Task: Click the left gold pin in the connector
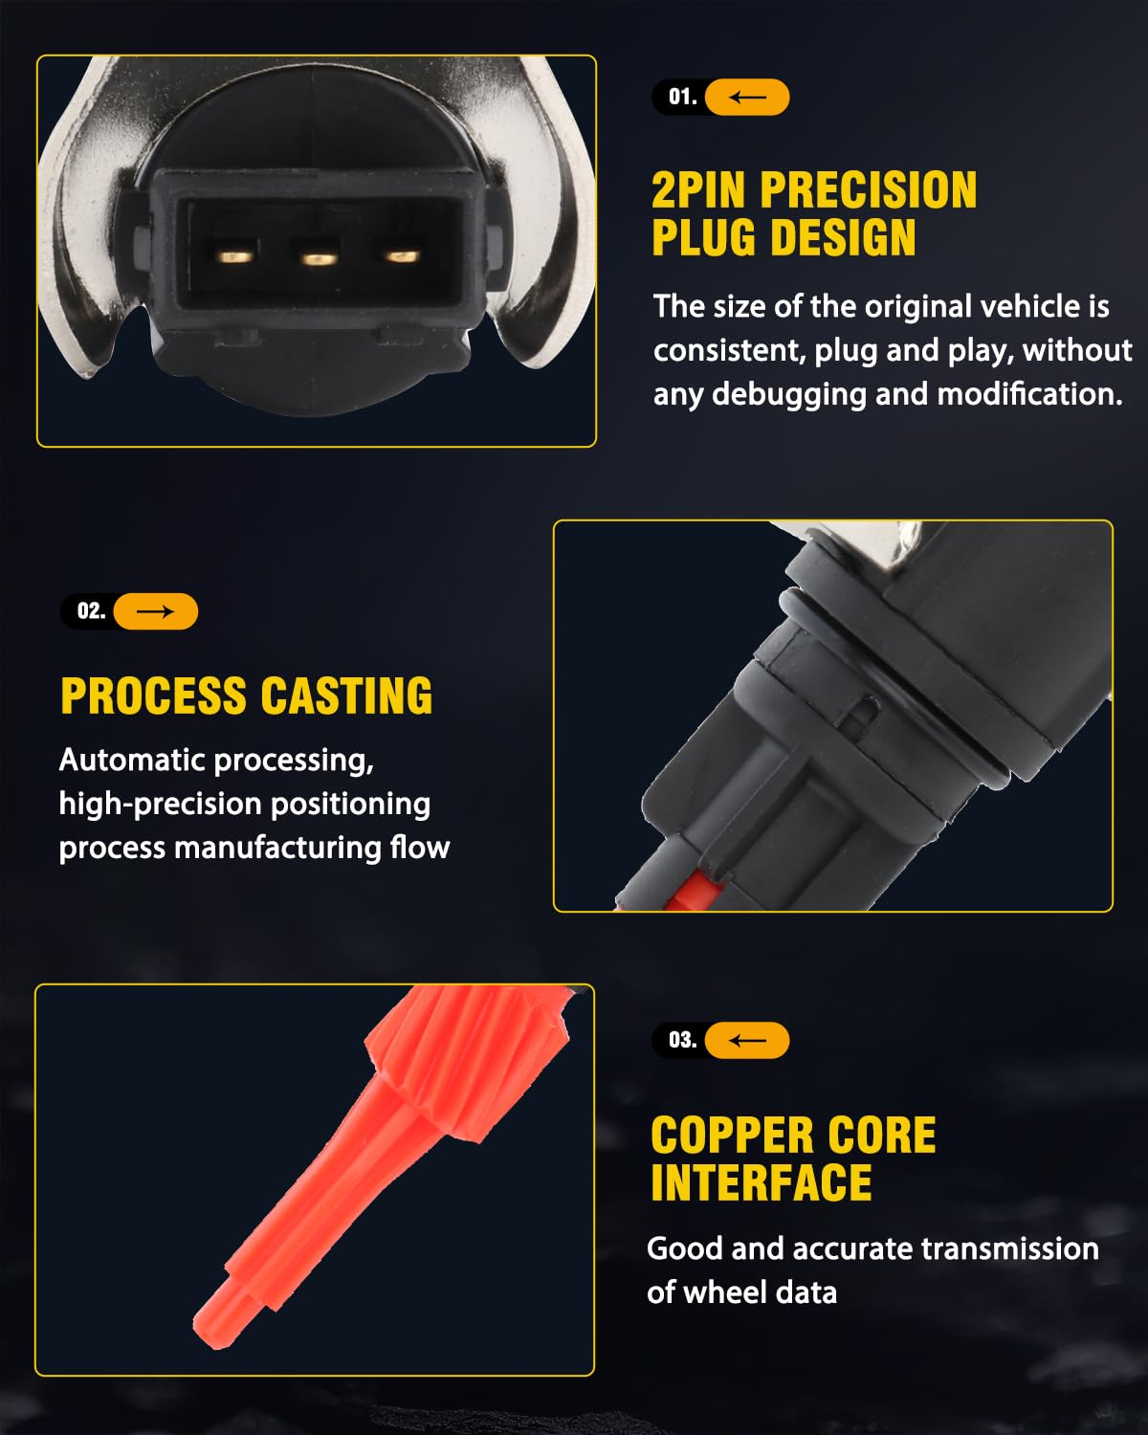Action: pos(234,256)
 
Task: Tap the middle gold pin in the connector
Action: pos(319,258)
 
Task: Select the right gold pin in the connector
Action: pos(403,256)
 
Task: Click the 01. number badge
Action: pos(682,97)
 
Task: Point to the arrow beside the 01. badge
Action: pos(747,98)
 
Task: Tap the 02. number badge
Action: pos(92,610)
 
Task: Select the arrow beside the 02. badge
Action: pos(155,611)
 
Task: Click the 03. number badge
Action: pos(682,1040)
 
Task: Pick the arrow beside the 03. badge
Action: pos(747,1040)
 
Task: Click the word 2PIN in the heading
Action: pos(697,190)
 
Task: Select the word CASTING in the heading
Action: pos(347,695)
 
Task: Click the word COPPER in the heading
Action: pos(732,1135)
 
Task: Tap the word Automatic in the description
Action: pos(131,760)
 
